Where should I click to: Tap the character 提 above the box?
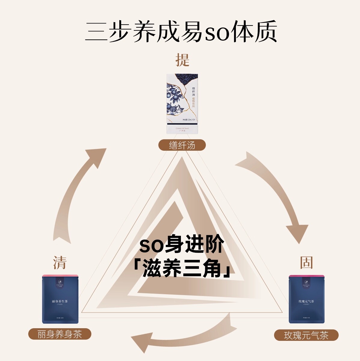point(182,60)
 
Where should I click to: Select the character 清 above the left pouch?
point(59,263)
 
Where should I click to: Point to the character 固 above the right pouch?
point(306,263)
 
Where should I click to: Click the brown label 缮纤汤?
point(182,145)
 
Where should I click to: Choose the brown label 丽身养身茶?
point(59,334)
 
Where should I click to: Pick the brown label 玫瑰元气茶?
point(306,335)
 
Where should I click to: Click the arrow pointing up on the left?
point(78,193)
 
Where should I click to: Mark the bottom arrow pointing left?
point(183,334)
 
